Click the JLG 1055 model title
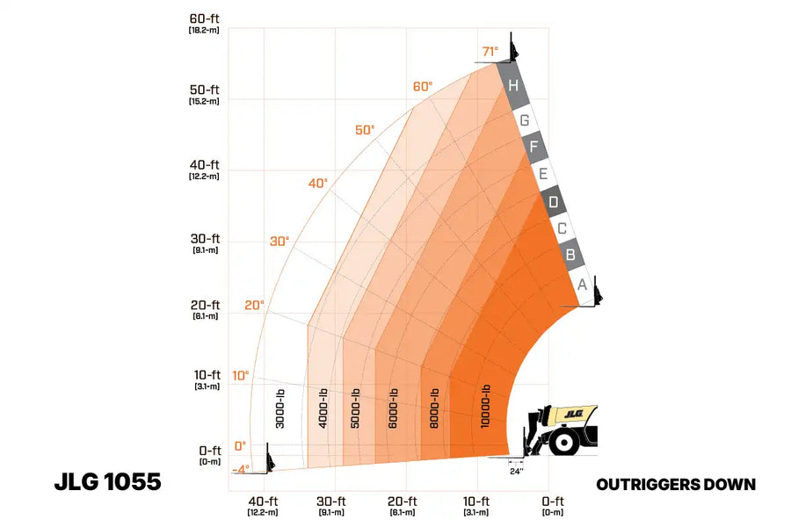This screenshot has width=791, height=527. click(107, 482)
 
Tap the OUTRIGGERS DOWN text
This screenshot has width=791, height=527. click(676, 484)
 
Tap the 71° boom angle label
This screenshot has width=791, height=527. click(490, 50)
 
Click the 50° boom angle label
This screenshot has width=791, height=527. click(365, 130)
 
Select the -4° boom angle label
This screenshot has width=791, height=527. click(240, 469)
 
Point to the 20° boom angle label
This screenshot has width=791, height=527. click(254, 306)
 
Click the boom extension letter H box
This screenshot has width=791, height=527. click(512, 86)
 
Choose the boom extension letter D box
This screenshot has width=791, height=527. click(553, 202)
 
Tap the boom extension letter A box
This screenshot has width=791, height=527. click(582, 285)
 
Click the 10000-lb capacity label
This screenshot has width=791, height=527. click(486, 407)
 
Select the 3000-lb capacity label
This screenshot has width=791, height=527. click(280, 408)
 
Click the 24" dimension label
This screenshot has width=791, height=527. click(517, 471)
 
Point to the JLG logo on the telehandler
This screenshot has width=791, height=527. click(574, 411)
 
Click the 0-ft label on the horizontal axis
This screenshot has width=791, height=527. click(552, 502)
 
